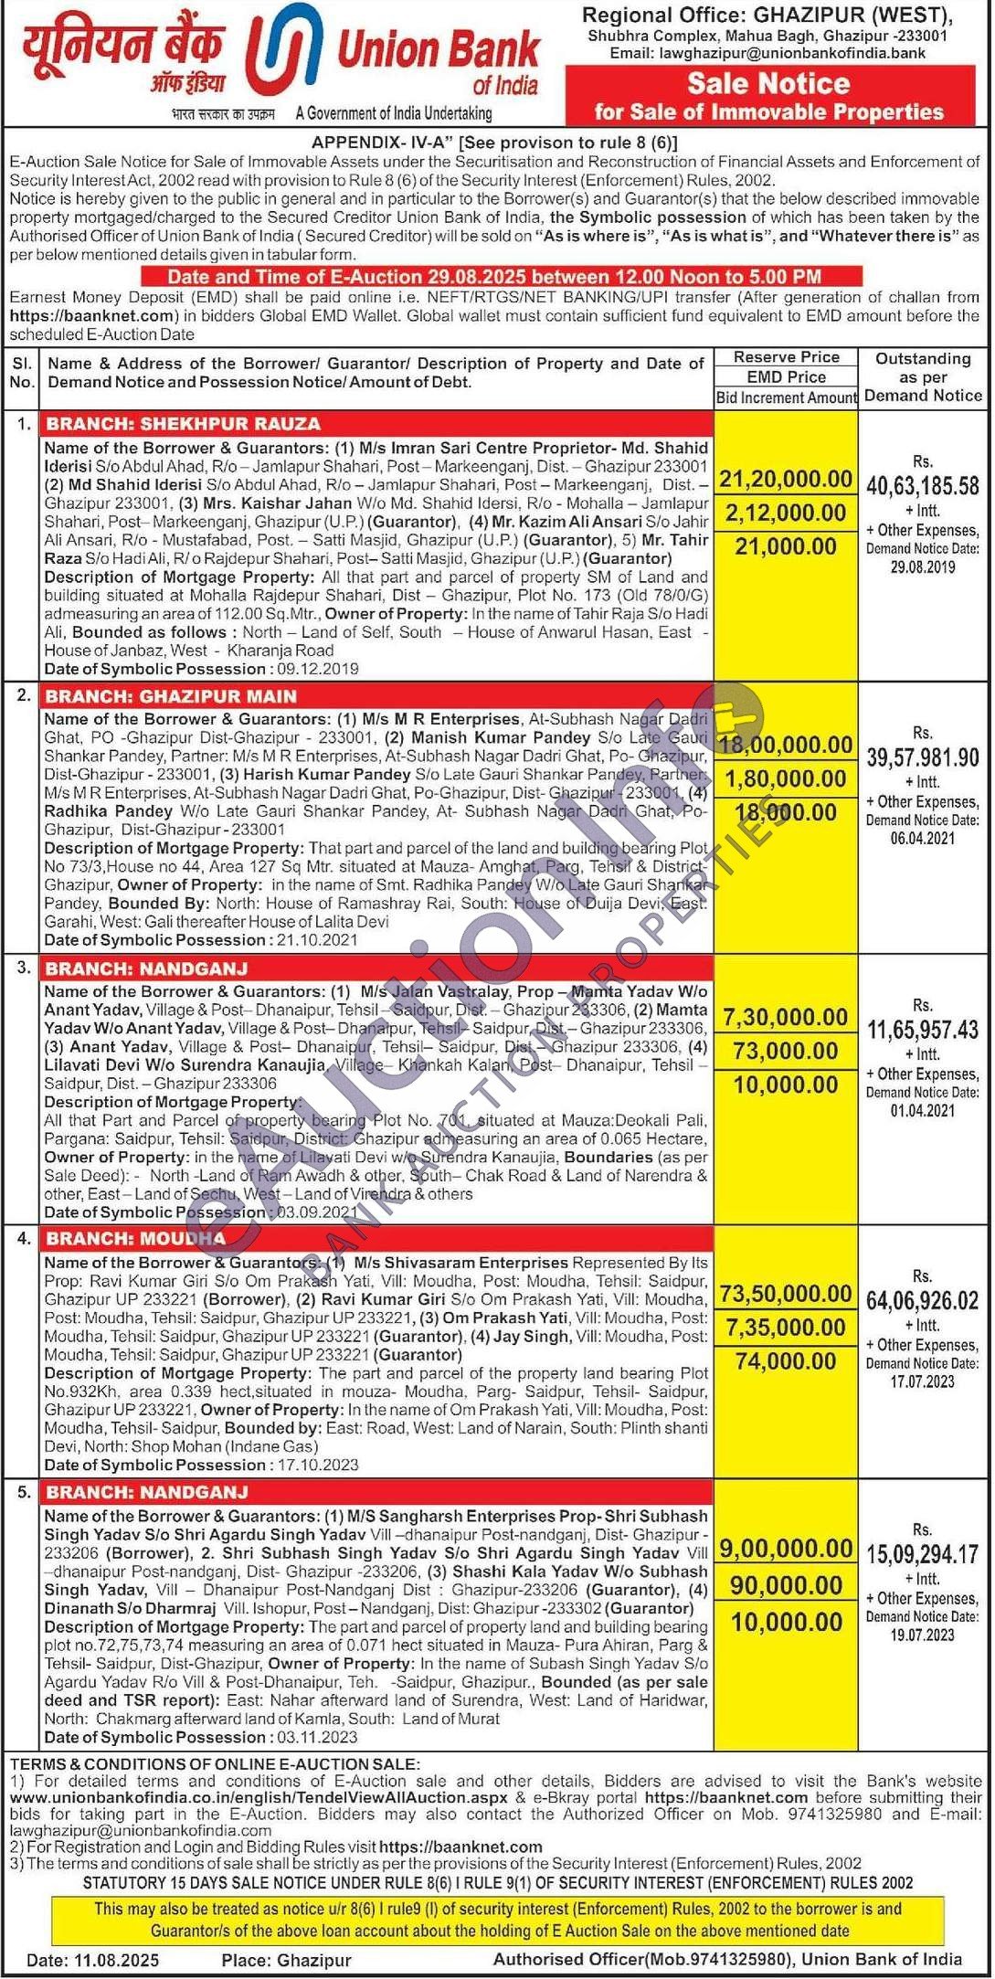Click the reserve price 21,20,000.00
tap(785, 480)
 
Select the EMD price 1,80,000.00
tap(785, 779)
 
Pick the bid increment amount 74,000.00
tap(785, 1361)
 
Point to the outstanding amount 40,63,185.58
tap(922, 486)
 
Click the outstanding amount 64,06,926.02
tap(922, 1300)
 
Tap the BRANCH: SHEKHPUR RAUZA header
tap(184, 424)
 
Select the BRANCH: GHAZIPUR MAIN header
tap(172, 696)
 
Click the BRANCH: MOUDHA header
tap(135, 1239)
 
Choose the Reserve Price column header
tap(786, 357)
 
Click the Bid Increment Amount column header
tap(786, 397)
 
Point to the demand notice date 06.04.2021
tap(922, 839)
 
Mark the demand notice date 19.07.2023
tap(922, 1635)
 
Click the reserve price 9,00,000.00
tap(785, 1549)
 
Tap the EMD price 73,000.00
tap(785, 1052)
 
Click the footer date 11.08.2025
tap(119, 1960)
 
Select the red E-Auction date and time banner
tap(501, 277)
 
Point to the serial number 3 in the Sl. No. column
tap(23, 967)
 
